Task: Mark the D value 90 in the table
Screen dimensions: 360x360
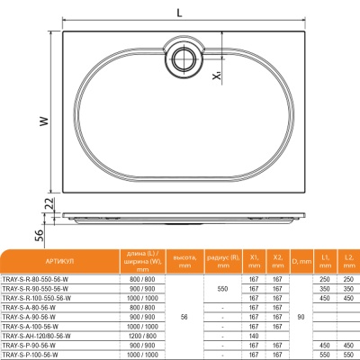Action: click(301, 316)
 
